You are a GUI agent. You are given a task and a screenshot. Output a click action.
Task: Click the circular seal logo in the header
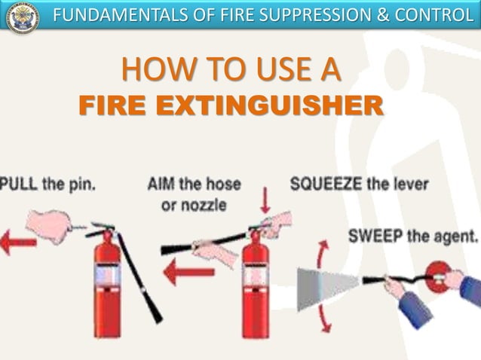coord(23,17)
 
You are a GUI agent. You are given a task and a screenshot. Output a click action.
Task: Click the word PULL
coord(20,183)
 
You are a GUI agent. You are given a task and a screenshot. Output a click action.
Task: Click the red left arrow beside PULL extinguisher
coord(17,243)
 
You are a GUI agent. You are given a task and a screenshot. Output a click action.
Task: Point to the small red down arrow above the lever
coord(264,200)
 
